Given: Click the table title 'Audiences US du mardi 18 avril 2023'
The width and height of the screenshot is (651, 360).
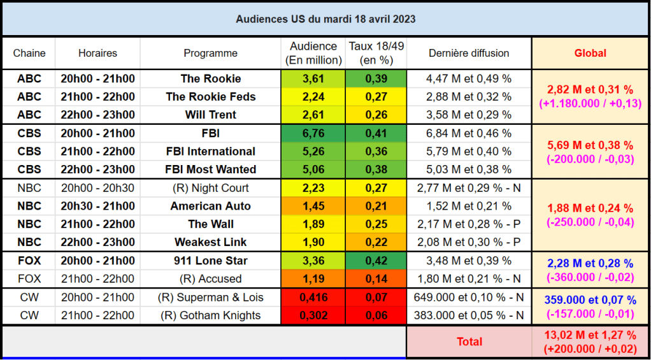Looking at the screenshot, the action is (x=325, y=19).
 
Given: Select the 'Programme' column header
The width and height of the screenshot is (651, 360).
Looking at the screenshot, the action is (x=210, y=53).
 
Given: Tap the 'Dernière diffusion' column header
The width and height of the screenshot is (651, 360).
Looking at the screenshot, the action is (x=469, y=53).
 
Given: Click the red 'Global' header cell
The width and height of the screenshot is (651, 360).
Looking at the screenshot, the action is (x=590, y=53).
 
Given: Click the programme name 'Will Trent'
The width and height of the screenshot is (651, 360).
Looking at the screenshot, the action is (x=210, y=115).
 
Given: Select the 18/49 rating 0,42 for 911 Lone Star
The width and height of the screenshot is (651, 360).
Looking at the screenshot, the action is (x=376, y=261).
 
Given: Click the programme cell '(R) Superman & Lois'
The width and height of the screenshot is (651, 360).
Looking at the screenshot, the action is (x=210, y=298).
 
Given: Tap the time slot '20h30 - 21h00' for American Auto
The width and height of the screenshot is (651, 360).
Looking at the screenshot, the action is (x=97, y=206).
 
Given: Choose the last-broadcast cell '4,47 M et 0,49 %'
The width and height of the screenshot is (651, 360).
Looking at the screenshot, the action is (x=469, y=78).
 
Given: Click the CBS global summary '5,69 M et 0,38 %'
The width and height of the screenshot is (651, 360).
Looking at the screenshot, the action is (x=590, y=145).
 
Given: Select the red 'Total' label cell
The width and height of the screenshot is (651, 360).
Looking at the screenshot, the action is (x=469, y=342).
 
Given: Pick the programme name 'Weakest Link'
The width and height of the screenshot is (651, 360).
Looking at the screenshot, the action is (x=210, y=242).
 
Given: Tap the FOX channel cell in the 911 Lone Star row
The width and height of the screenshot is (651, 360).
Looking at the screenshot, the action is (x=29, y=261).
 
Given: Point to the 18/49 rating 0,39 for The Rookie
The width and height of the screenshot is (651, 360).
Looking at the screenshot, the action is (x=376, y=78).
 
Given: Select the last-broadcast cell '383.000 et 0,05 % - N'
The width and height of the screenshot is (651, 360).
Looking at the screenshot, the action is (x=469, y=315).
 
